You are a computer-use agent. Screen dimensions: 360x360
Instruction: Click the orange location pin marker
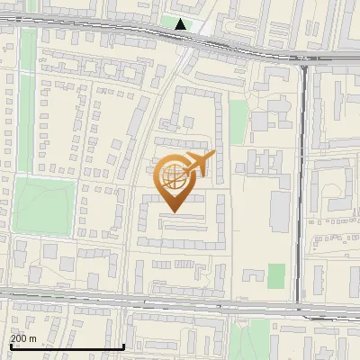pyautogui.click(x=175, y=180)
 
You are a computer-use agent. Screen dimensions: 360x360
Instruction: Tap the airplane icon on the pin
pyautogui.click(x=198, y=165)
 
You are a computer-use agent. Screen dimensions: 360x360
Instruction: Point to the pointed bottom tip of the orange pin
pyautogui.click(x=175, y=212)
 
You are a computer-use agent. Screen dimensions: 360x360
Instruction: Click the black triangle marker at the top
pyautogui.click(x=182, y=24)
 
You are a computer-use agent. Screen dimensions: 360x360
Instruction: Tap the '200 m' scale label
pyautogui.click(x=22, y=337)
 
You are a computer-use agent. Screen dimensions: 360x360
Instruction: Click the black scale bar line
pyautogui.click(x=67, y=346)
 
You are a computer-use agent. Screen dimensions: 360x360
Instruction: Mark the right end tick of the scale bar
pyautogui.click(x=123, y=346)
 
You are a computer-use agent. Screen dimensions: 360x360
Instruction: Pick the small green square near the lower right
pyautogui.click(x=277, y=275)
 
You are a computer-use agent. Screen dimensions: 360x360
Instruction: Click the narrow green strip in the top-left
pyautogui.click(x=28, y=63)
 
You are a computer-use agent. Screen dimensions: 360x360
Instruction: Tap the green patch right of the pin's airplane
pyautogui.click(x=238, y=121)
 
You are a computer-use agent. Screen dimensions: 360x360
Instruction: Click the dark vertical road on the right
pyautogui.click(x=303, y=180)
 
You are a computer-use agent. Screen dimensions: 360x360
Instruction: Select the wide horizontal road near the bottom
pyautogui.click(x=180, y=303)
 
